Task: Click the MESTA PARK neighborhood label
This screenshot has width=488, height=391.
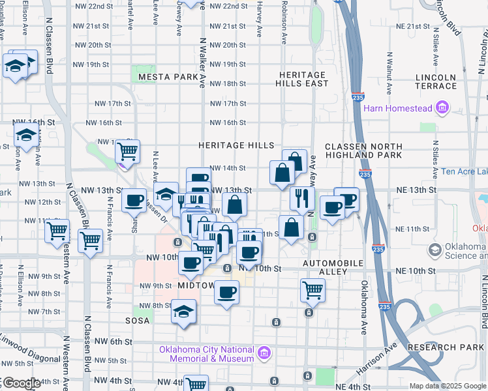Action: [168, 77]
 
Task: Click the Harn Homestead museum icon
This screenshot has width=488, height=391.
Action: [442, 107]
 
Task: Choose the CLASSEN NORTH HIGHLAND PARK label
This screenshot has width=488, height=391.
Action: [358, 151]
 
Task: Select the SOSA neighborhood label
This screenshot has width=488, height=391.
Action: [138, 321]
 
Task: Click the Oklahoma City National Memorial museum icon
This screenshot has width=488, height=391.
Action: [264, 354]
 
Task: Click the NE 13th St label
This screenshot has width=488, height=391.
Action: [416, 190]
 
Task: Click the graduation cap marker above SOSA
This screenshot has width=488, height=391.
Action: [184, 310]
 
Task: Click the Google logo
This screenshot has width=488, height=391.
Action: [22, 384]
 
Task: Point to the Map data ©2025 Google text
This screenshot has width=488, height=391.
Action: [447, 386]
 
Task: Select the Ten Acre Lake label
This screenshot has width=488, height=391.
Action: [465, 172]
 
